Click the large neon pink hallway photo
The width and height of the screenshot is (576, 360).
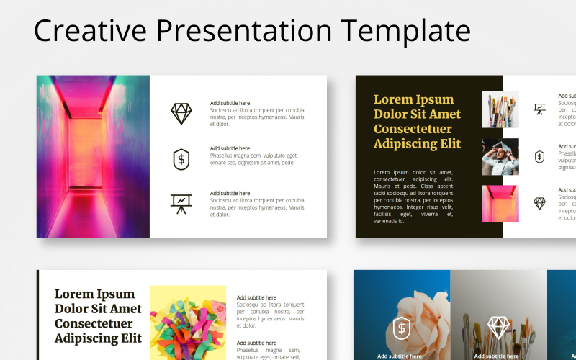[x=93, y=156]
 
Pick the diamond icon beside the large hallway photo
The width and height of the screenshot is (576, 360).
[x=181, y=113]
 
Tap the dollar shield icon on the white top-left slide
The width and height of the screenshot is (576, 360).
[x=181, y=158]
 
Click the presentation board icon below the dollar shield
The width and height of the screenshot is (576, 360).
[x=181, y=204]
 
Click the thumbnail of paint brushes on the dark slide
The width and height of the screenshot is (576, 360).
[x=500, y=109]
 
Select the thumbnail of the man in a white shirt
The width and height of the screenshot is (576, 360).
[x=500, y=156]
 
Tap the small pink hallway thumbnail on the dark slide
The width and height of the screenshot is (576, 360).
[x=500, y=204]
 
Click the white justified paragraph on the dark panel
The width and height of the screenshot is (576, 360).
[x=413, y=197]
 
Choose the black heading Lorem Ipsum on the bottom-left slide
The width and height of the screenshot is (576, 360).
[x=98, y=315]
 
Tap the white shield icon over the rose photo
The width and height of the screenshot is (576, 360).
[x=401, y=328]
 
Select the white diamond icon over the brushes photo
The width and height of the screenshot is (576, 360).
[x=498, y=328]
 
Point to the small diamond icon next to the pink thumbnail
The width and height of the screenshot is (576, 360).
[x=539, y=204]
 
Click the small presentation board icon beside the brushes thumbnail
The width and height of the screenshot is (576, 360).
[x=539, y=109]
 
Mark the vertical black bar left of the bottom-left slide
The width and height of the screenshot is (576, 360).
[x=37, y=315]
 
